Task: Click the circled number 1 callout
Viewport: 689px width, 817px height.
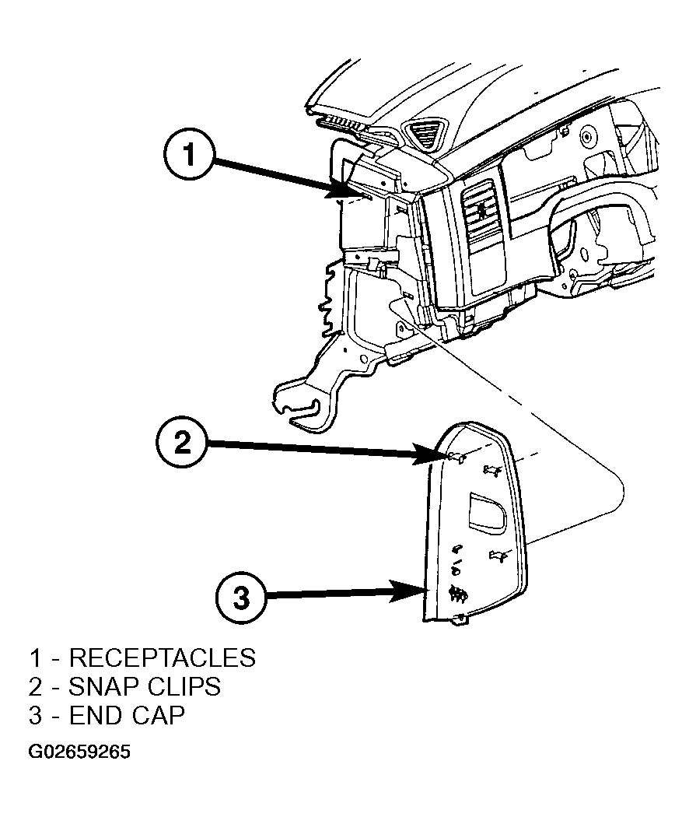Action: coord(188,154)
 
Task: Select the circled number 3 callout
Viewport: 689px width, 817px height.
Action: coord(240,598)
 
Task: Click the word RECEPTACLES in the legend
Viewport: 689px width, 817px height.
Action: coord(163,657)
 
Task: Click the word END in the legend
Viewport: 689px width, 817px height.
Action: coord(96,715)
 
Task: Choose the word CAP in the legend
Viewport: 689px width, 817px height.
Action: coord(157,715)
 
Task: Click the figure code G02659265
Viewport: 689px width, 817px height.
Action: coord(79,752)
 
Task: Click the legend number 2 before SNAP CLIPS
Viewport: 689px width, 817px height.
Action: coord(35,687)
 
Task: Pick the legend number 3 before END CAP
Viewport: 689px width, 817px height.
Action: coord(35,715)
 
